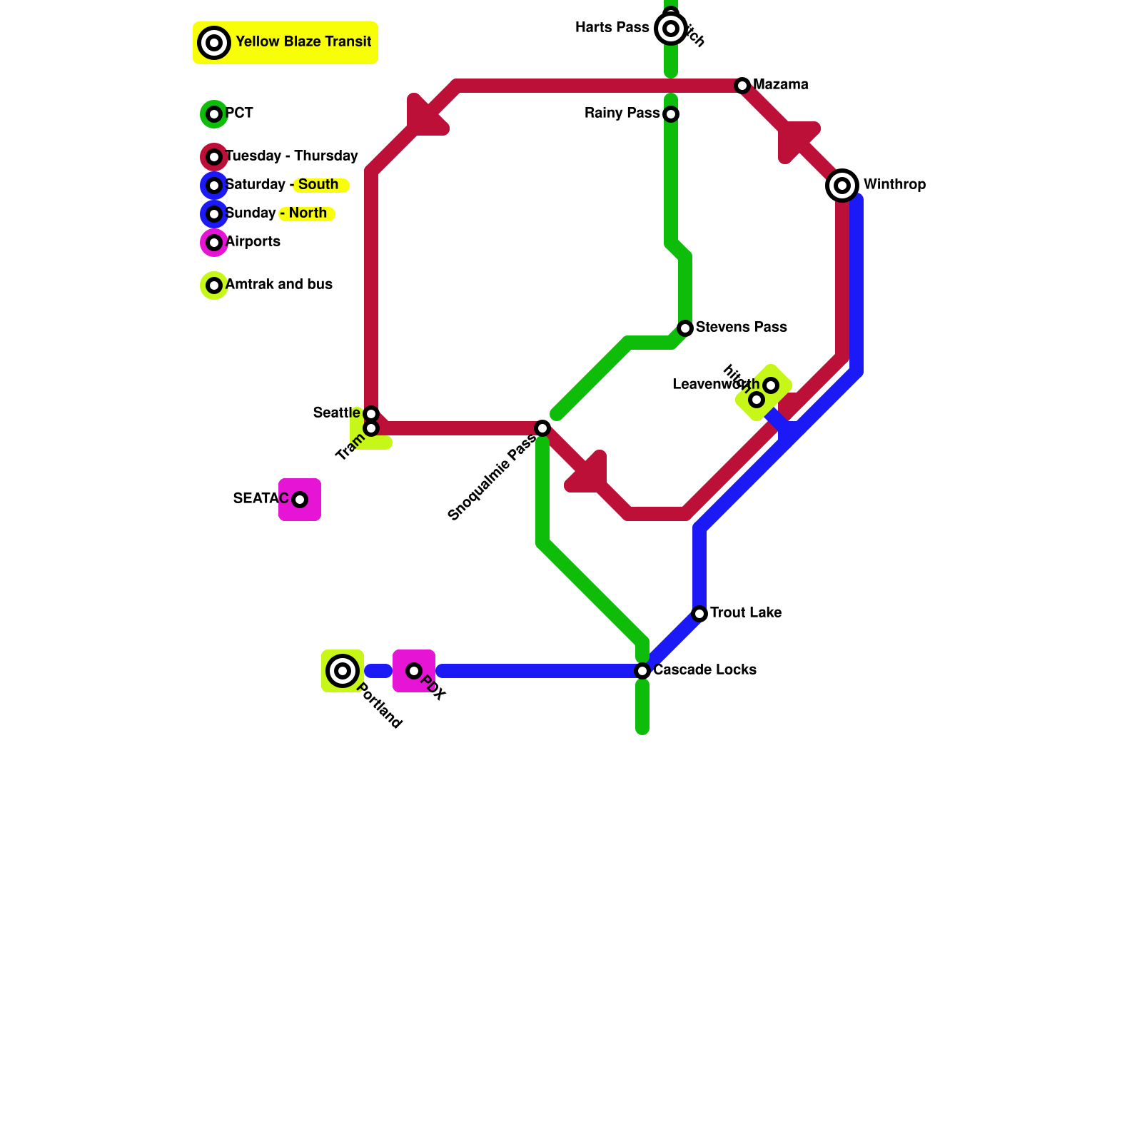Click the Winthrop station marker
click(842, 186)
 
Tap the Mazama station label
click(780, 85)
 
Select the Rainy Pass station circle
click(671, 114)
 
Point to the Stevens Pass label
click(741, 328)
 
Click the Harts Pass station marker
click(671, 29)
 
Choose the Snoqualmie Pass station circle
click(542, 428)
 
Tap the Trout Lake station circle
click(699, 614)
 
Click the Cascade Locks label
click(704, 670)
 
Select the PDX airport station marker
click(414, 671)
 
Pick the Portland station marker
click(343, 671)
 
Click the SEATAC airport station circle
click(300, 500)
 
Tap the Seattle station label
click(336, 413)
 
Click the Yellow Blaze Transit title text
click(303, 42)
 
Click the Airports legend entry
click(253, 242)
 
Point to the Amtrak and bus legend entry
click(278, 285)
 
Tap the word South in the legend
click(318, 185)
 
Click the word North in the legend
click(308, 213)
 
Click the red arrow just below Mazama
click(796, 140)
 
